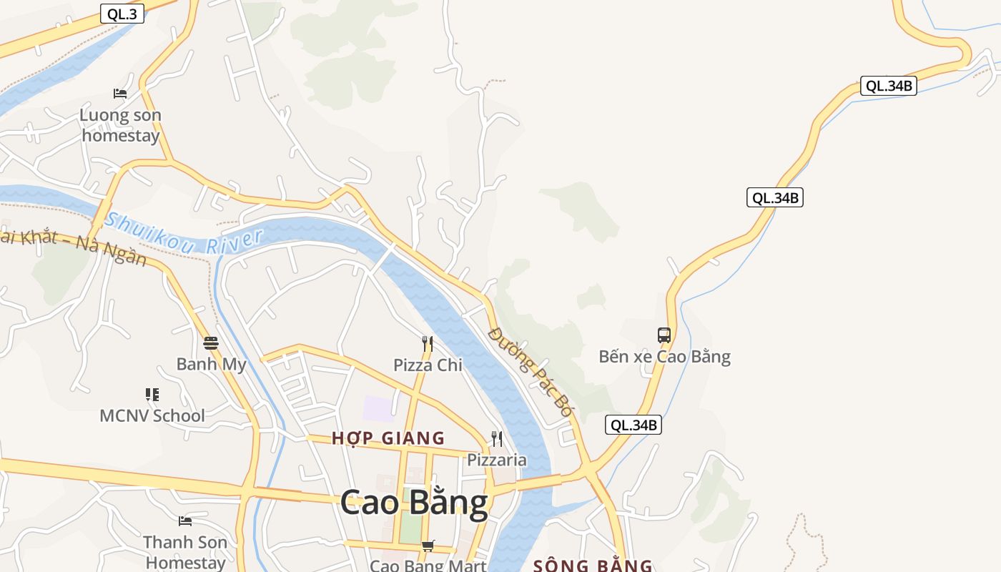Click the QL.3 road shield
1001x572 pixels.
(122, 14)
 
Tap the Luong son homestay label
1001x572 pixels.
(120, 125)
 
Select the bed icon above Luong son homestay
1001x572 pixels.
(120, 94)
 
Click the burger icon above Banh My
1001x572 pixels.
(210, 342)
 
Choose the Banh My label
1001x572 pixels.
(211, 364)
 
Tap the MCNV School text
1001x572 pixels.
(152, 415)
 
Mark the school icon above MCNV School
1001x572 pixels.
(152, 394)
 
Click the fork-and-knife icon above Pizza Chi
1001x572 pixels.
(428, 344)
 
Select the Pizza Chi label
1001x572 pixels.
(428, 365)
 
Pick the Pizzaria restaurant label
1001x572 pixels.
(496, 460)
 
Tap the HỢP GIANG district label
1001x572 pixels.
(388, 438)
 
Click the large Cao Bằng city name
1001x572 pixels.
(414, 502)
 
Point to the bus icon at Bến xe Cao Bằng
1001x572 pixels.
(664, 335)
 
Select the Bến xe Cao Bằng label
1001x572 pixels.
(664, 356)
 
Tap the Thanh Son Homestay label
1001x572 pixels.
(185, 552)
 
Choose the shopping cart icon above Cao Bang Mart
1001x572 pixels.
(428, 546)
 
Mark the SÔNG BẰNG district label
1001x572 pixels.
(593, 566)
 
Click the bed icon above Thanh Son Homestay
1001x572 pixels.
(185, 521)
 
